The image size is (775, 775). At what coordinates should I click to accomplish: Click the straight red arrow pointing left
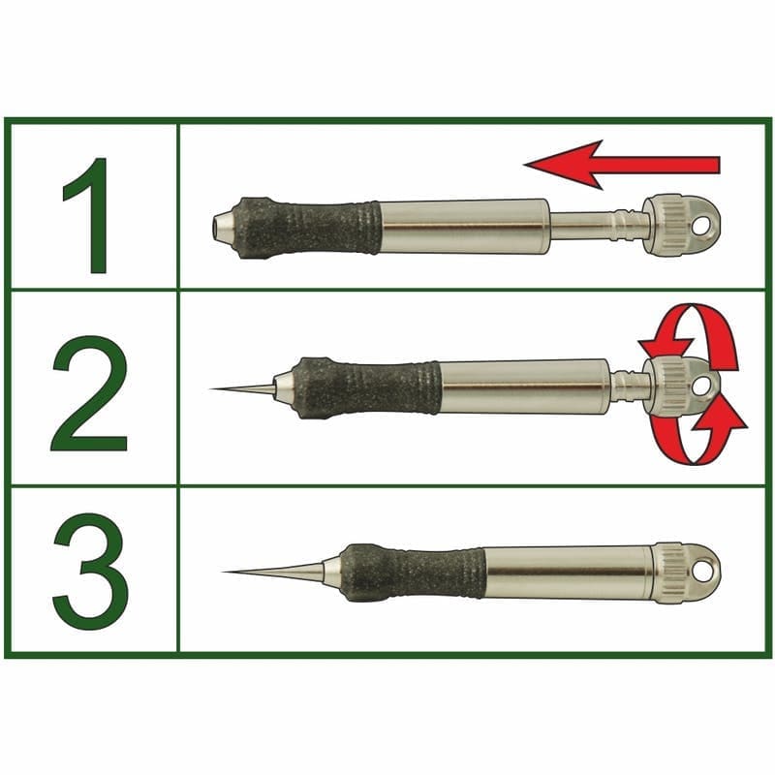tap(620, 164)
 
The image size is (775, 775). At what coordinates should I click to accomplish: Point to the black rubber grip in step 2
tap(368, 387)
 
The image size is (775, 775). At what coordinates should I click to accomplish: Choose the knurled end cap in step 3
tap(670, 573)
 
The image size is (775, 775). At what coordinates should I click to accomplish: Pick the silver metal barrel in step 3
tap(570, 572)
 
